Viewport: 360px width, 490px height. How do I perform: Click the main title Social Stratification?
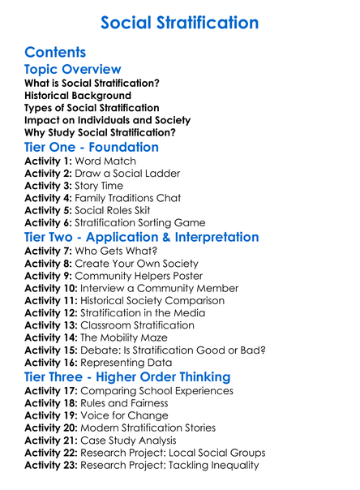179,22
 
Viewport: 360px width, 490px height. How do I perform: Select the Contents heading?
56,52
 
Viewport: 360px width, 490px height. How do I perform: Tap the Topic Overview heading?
73,70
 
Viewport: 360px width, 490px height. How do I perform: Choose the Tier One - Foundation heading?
92,148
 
